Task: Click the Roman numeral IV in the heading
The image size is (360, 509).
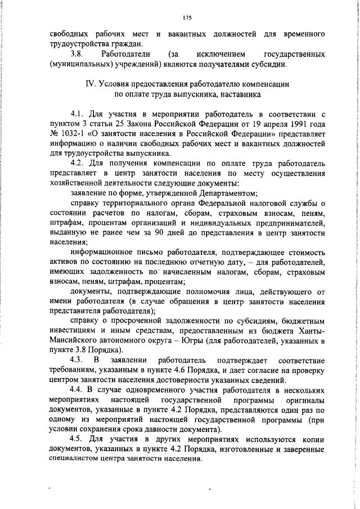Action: tap(89, 84)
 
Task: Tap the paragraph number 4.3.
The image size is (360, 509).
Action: tap(76, 359)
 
